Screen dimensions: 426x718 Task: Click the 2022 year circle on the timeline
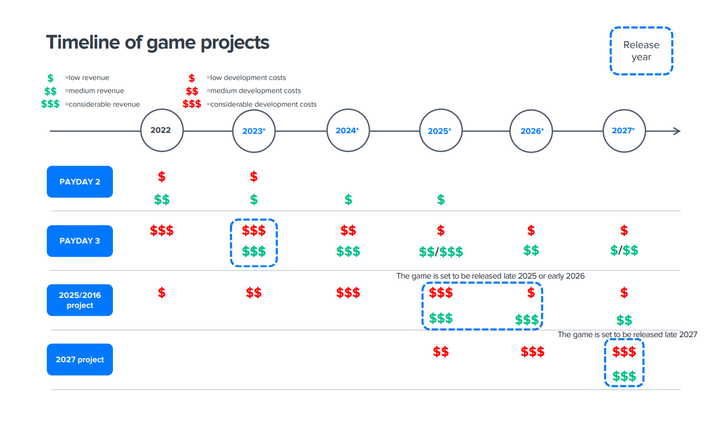[162, 131]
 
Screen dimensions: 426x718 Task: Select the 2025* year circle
[440, 131]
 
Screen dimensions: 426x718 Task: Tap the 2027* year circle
[624, 131]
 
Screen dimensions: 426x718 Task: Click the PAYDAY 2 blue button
[79, 182]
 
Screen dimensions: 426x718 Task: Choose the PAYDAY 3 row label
[79, 241]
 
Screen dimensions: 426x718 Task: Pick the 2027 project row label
[79, 360]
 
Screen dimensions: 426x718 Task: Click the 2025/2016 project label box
[79, 300]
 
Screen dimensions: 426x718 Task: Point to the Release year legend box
[641, 51]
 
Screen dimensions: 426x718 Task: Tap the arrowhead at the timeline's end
[677, 131]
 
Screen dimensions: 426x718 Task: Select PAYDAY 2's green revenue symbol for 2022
[162, 199]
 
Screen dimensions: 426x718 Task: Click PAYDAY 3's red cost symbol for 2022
[162, 230]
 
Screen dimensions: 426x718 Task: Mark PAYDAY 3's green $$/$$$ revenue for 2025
[441, 252]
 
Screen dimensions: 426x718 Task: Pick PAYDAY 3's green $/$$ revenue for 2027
[624, 250]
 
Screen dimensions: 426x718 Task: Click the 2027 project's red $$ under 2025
[441, 352]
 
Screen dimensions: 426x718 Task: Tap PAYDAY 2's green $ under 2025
[441, 199]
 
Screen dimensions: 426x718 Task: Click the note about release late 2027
[627, 335]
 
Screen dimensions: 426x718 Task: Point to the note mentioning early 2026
[490, 275]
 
